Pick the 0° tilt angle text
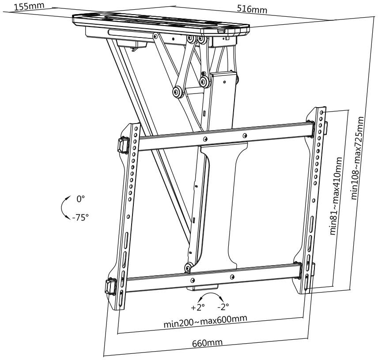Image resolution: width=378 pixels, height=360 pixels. click(x=80, y=199)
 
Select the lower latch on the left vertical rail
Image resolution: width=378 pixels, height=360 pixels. click(x=111, y=286)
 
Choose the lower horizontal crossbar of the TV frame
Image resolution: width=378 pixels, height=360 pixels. click(x=212, y=277)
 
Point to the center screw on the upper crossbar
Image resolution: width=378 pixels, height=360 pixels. click(x=205, y=139)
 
